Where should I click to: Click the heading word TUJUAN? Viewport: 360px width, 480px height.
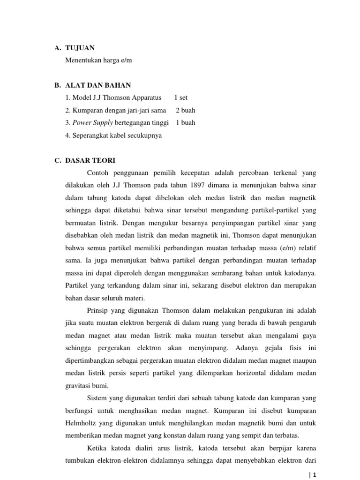(x=80, y=48)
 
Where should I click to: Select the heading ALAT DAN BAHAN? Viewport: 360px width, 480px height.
(x=98, y=85)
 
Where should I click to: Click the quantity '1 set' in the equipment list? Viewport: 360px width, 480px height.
(x=180, y=98)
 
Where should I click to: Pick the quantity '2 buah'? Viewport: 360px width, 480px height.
(x=186, y=111)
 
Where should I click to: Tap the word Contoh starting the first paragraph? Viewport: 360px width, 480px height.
(x=97, y=172)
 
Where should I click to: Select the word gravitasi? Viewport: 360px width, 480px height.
(x=77, y=386)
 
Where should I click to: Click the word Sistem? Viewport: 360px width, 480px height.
(x=97, y=398)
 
